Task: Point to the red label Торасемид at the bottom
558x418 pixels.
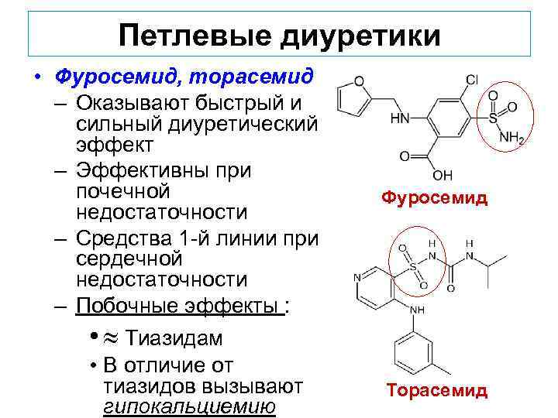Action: coord(437,390)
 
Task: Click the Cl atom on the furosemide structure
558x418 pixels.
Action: coord(471,81)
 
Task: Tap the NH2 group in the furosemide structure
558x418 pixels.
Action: coord(513,139)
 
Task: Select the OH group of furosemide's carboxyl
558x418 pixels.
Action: coord(443,175)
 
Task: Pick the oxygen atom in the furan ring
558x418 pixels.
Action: coord(359,80)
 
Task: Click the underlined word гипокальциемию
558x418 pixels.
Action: coord(189,406)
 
